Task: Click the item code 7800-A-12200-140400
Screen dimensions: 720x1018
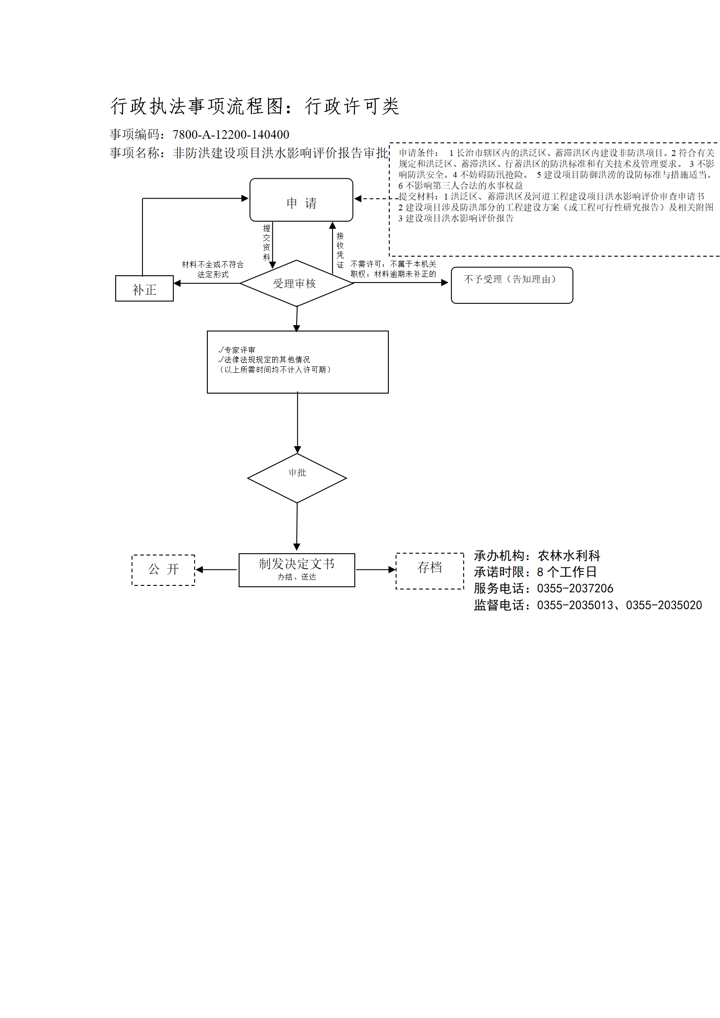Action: pos(231,135)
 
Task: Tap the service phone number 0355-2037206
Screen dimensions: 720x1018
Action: pos(575,589)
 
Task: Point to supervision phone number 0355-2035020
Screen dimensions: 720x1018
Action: pos(664,605)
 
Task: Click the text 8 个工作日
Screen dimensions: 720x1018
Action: pos(567,572)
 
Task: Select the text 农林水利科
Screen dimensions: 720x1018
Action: pos(569,555)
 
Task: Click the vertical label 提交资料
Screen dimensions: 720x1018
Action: pos(267,243)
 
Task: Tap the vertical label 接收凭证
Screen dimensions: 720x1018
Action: pos(340,250)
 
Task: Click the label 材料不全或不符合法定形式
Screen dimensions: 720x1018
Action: pos(213,269)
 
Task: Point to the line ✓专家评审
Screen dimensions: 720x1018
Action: pos(236,350)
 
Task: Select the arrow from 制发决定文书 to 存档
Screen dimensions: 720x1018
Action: pos(376,570)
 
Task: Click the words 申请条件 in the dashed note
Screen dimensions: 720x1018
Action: pos(417,153)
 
